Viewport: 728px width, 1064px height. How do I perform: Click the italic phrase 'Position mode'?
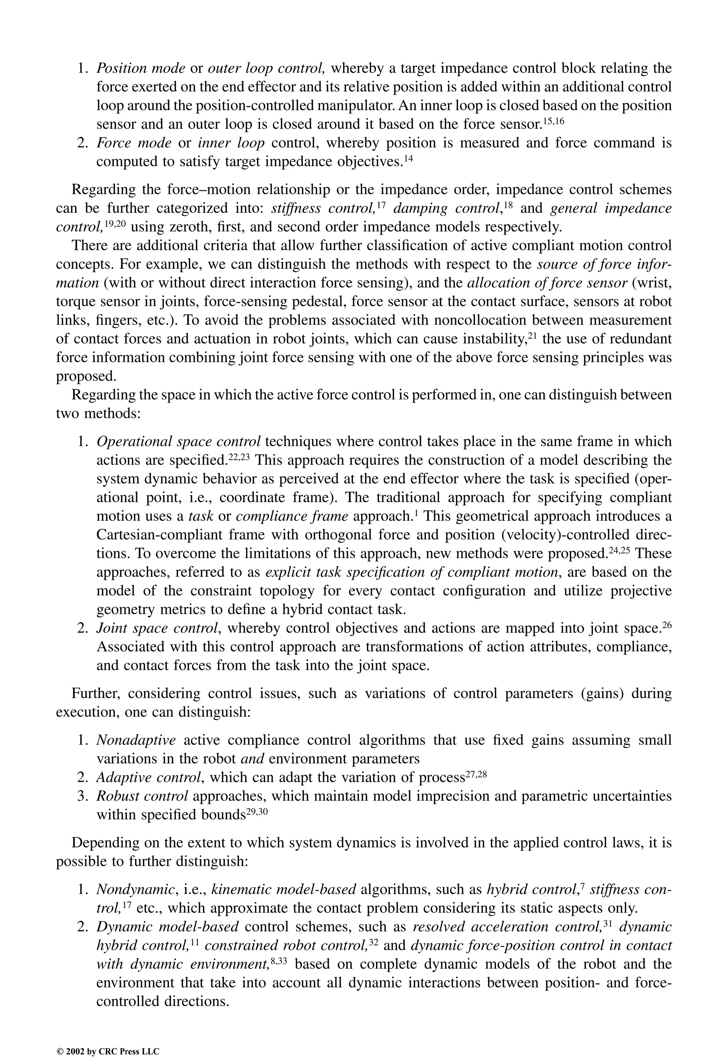pos(140,68)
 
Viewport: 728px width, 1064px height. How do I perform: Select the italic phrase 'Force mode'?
pos(134,143)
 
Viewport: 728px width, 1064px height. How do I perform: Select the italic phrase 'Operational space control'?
pos(178,442)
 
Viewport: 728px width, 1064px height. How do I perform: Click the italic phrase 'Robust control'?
pos(142,796)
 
